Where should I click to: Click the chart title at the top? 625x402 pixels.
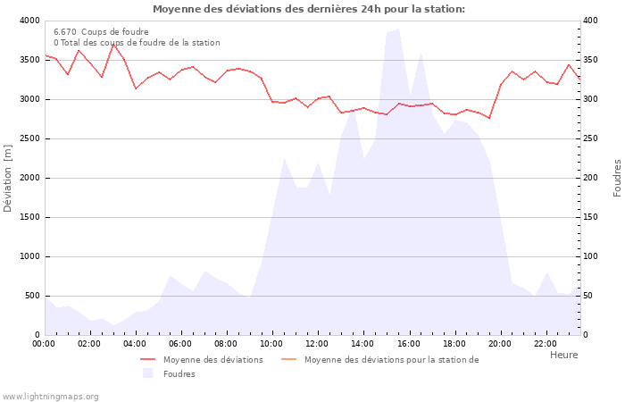point(308,9)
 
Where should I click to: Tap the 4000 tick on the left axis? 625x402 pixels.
point(29,21)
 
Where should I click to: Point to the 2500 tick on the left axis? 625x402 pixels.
point(29,138)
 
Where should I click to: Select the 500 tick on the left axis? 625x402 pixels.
point(32,296)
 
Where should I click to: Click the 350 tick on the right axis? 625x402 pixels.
point(591,60)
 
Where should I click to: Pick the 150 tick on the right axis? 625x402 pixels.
point(591,217)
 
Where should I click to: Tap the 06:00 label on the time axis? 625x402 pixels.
point(180,343)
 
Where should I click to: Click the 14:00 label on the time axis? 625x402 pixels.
point(362,343)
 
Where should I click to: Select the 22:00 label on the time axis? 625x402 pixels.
point(545,343)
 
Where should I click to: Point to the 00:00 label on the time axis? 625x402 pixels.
point(44,343)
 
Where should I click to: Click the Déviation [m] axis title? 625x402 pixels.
point(9,178)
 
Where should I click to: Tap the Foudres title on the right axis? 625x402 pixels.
point(617,178)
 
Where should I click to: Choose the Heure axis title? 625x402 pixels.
point(563,355)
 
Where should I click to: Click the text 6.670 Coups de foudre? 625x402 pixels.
point(101,32)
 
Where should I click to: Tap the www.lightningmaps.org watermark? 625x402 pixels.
point(50,397)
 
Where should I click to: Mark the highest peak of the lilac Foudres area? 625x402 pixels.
point(398,29)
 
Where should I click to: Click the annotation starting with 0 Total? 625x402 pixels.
point(137,43)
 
